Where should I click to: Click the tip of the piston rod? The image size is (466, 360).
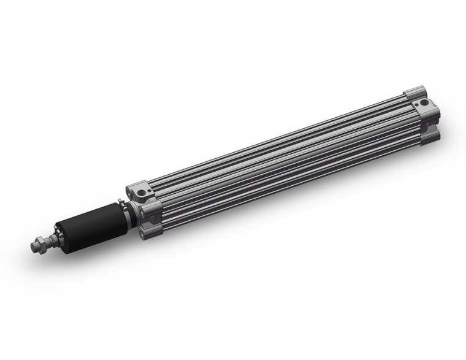[x=32, y=248]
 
